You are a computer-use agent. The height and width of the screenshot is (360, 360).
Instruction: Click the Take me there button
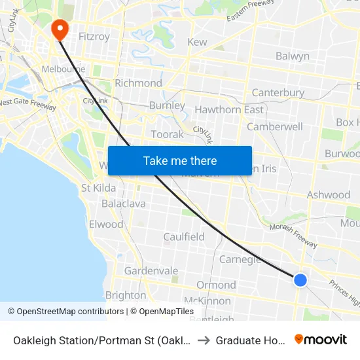click(180, 161)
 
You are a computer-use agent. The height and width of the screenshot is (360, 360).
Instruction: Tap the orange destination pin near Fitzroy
click(60, 29)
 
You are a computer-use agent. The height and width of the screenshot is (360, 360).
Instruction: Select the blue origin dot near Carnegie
click(300, 280)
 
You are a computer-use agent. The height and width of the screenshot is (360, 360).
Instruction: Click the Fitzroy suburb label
click(94, 37)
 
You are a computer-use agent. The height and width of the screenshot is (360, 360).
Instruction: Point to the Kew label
click(197, 42)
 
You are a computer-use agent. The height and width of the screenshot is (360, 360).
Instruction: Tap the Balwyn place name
click(292, 56)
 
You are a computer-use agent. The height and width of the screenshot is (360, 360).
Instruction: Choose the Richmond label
click(138, 83)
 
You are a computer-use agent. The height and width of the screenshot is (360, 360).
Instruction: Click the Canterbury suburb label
click(278, 93)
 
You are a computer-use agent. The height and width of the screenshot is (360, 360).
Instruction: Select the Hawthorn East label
click(229, 109)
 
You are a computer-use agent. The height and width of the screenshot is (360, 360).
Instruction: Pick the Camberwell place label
click(275, 126)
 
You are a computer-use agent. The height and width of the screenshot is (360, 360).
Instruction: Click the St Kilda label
click(98, 188)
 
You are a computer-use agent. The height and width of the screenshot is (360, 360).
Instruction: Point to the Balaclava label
click(124, 204)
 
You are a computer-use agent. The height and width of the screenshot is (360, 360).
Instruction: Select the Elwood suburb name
click(106, 225)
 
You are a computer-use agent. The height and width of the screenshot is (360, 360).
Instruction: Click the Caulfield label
click(184, 237)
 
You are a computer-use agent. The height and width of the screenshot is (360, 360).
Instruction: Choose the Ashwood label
click(329, 195)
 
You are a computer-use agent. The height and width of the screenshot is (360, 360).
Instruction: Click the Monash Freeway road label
click(293, 236)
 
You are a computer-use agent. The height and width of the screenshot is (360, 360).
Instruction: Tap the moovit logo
click(321, 339)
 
